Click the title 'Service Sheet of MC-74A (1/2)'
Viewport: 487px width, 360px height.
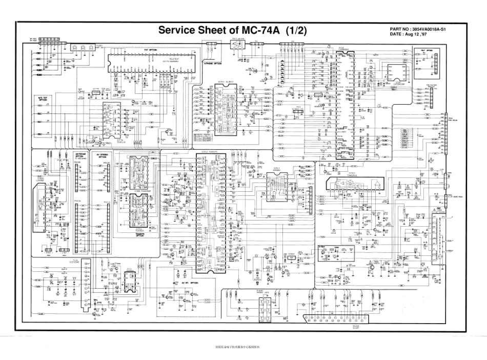[x=232, y=30]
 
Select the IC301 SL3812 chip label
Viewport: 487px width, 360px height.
[x=225, y=82]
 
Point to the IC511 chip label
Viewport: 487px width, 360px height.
[x=277, y=168]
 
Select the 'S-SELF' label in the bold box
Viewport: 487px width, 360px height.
[x=323, y=247]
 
